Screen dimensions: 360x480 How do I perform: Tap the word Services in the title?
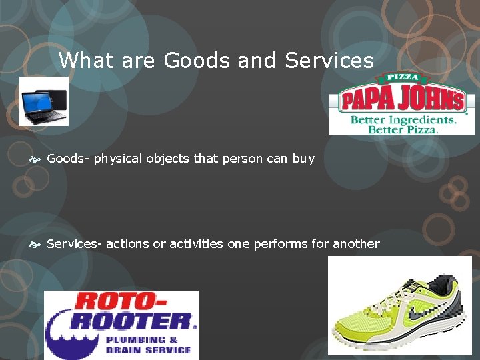(329, 61)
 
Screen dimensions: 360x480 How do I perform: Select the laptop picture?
(44, 101)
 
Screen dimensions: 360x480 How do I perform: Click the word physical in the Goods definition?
(118, 159)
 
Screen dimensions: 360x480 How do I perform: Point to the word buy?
(303, 159)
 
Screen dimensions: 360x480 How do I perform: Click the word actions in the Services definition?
(128, 244)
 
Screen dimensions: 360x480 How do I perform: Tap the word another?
(356, 244)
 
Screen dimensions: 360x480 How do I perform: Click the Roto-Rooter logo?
(121, 325)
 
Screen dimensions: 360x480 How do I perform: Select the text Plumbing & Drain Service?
(149, 345)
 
